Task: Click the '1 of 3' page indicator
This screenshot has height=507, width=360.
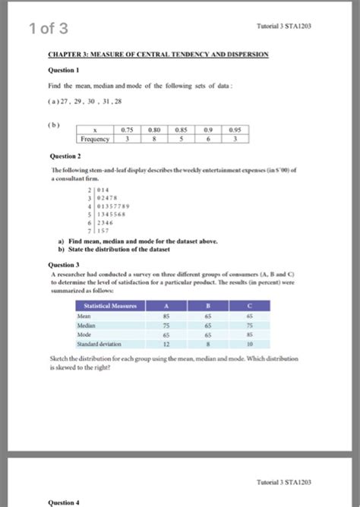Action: pos(48,30)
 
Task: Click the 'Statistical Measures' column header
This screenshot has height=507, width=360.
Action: pos(110,306)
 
